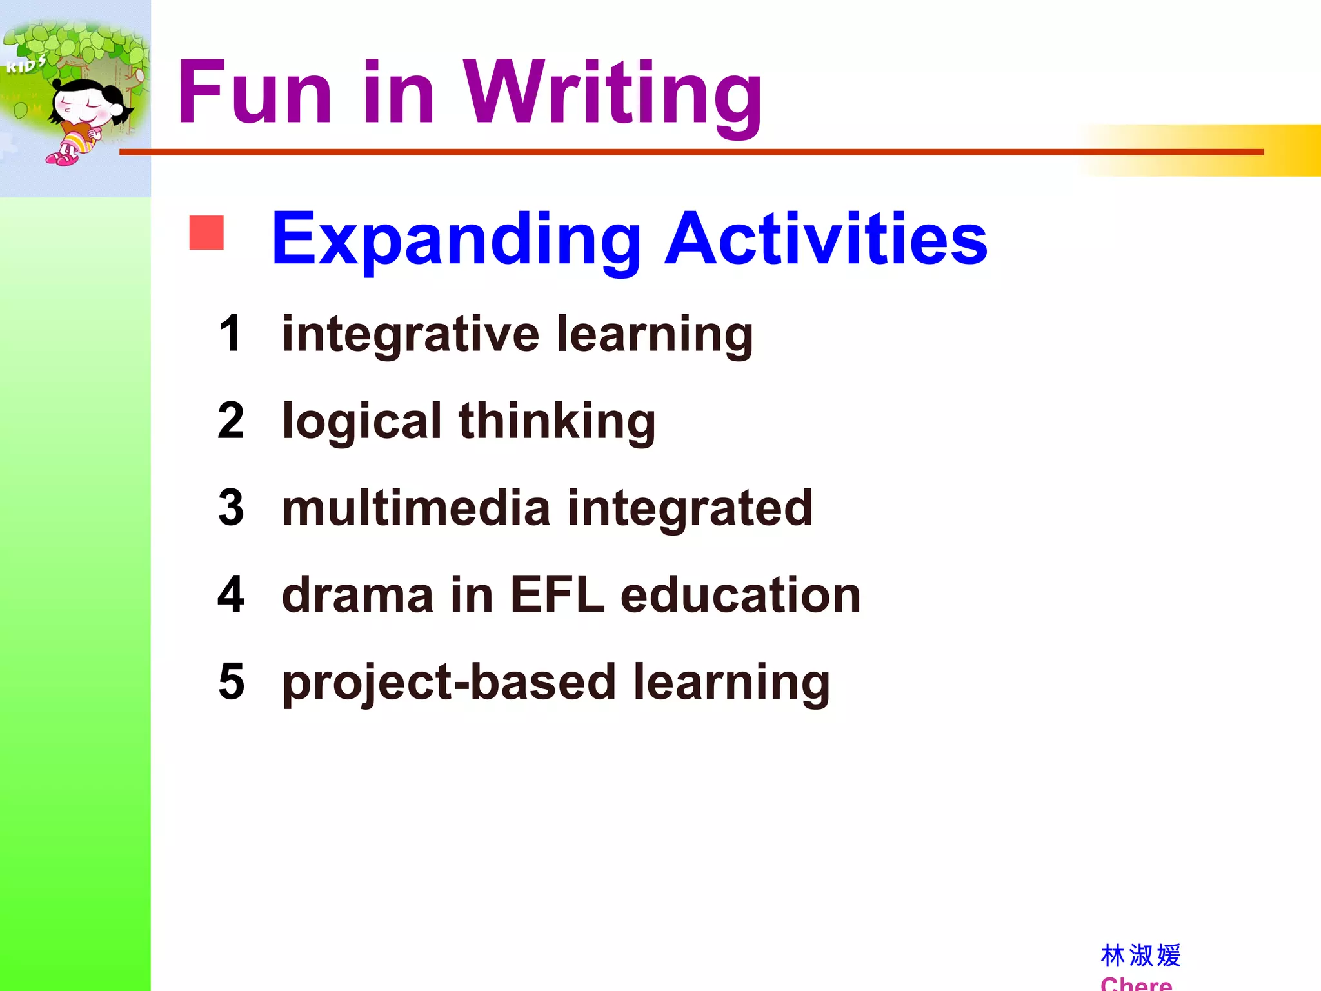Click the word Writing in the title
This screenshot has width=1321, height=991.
(x=613, y=94)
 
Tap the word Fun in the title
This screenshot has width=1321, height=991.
(x=255, y=94)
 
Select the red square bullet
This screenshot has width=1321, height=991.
(x=206, y=233)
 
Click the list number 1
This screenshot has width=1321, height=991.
(x=230, y=334)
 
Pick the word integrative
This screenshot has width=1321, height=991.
(x=410, y=335)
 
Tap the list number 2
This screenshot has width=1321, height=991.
(x=231, y=421)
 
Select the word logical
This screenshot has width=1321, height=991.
(x=362, y=423)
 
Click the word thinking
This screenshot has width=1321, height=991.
(x=557, y=423)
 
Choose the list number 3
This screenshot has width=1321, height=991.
(x=231, y=508)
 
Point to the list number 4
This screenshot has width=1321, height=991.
(x=231, y=595)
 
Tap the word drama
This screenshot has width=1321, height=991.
(x=357, y=596)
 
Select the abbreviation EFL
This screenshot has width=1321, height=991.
(x=557, y=595)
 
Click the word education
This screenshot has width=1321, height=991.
(x=740, y=595)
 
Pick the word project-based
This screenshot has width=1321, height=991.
(x=449, y=684)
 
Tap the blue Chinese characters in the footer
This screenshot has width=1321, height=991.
(x=1140, y=956)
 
